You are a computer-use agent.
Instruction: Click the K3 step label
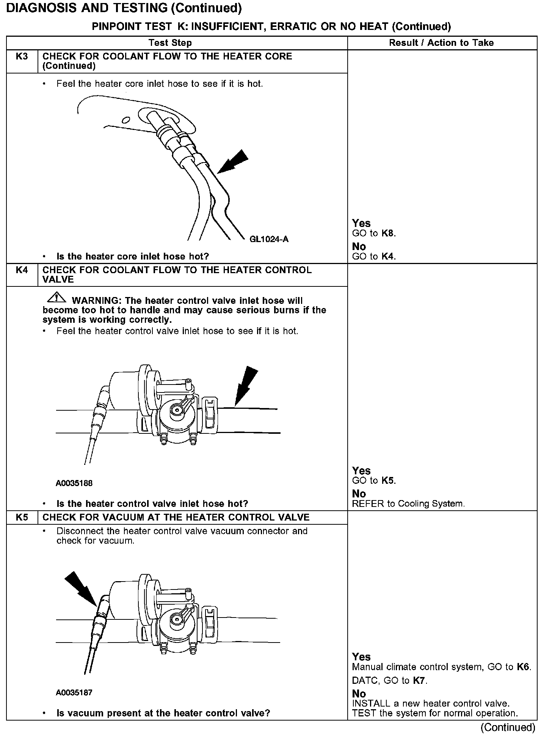22,56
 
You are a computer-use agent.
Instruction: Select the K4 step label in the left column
22,270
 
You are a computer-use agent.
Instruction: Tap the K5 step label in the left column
22,518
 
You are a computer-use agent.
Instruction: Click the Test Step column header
170,43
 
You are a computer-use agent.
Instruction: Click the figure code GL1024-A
269,239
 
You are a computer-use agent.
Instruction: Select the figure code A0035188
74,483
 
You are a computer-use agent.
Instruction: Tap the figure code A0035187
74,693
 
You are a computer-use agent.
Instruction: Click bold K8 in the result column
388,233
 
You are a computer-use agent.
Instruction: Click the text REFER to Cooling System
408,504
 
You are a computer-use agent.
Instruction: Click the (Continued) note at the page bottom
508,727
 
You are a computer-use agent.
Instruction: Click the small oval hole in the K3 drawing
126,120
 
